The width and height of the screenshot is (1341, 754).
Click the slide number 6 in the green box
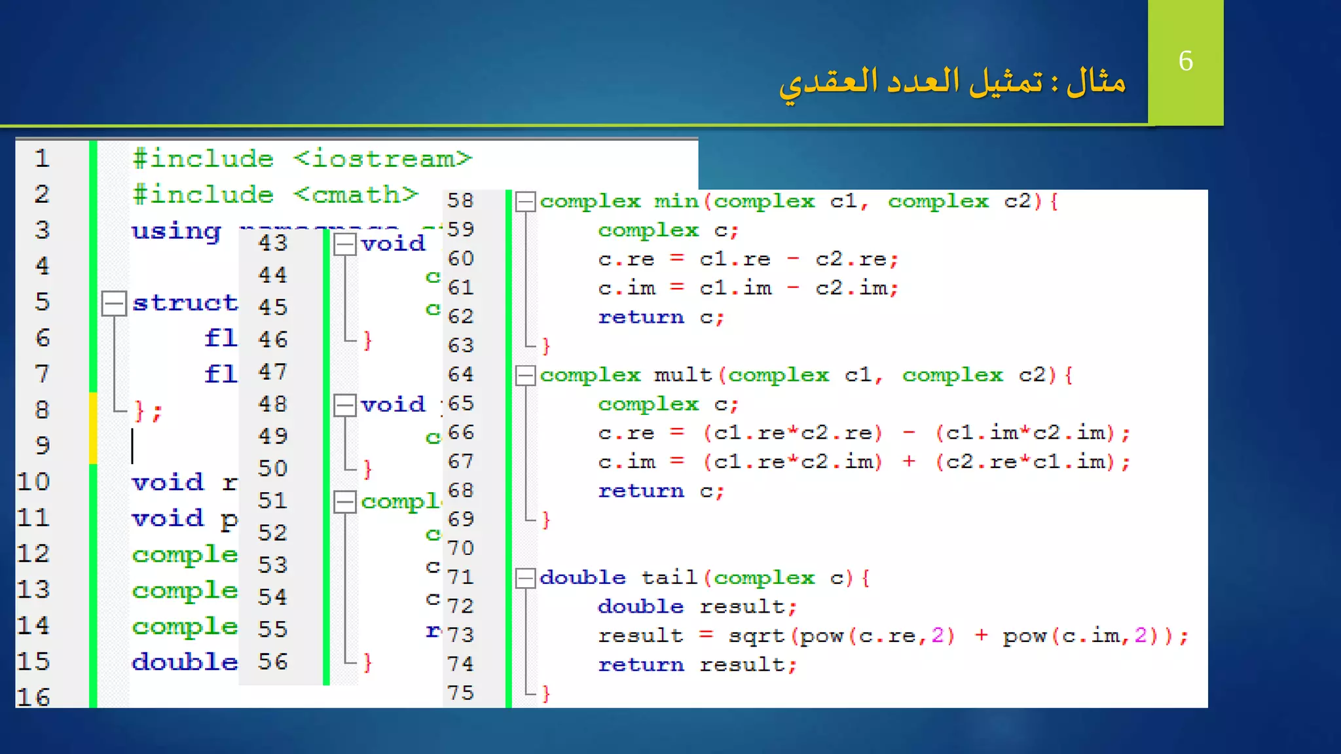[x=1185, y=61]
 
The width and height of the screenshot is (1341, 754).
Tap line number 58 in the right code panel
[x=460, y=200]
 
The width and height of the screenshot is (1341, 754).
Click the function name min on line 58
[x=677, y=201]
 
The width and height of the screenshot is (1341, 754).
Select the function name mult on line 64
[x=682, y=375]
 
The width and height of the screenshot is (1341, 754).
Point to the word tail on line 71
[x=669, y=577]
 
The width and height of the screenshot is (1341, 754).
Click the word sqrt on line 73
[x=756, y=636]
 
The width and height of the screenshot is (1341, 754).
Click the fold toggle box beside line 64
[x=525, y=376]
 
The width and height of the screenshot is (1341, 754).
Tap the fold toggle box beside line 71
[x=525, y=578]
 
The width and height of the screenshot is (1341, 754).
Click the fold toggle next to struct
[x=114, y=303]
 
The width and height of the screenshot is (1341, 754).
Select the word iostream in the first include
[x=382, y=159]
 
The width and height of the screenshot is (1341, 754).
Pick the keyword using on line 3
[x=176, y=231]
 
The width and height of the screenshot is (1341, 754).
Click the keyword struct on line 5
[x=185, y=303]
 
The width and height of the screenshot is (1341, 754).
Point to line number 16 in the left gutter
[x=33, y=697]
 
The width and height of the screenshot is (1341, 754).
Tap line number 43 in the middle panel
[x=272, y=243]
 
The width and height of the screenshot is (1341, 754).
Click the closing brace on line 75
[x=546, y=693]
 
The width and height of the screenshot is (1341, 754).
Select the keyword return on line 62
[x=640, y=317]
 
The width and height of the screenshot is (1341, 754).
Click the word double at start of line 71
[x=582, y=577]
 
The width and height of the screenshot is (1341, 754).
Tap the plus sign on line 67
[x=909, y=461]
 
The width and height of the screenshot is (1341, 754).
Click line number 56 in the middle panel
[x=272, y=662]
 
